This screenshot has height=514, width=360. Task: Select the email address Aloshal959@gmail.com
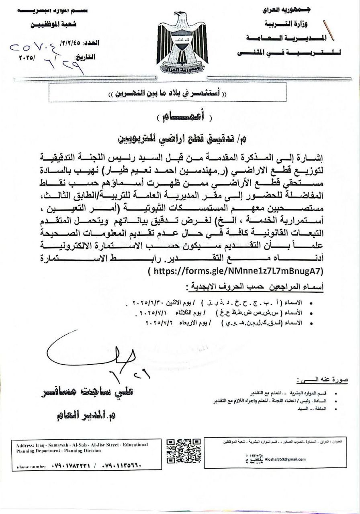point(286,459)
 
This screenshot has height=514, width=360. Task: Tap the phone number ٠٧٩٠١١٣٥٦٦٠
point(120,467)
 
